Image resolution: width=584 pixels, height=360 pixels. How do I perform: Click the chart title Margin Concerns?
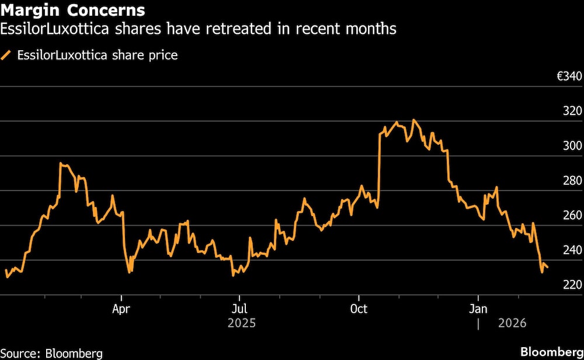pos(73,11)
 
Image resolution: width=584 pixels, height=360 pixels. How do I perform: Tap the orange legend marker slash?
pos(7,56)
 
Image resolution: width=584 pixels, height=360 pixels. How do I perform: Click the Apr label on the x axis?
pos(121,308)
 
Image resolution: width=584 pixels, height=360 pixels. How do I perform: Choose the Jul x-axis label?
pos(238,308)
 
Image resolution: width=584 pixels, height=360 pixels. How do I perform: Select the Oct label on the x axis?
pos(358,308)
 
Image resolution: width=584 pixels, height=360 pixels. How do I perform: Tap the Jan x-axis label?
pos(478,308)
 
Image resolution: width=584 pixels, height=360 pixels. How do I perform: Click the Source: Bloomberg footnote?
pos(51,353)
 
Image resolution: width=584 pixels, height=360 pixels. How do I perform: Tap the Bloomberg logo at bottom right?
pos(551,352)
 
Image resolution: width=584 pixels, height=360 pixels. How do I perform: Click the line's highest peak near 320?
pos(414,120)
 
